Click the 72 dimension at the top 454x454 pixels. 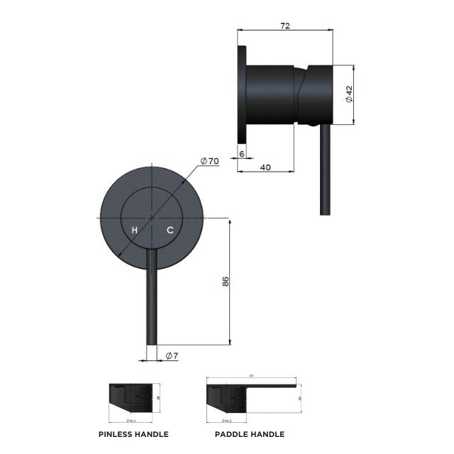pos(285,26)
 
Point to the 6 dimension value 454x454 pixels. pos(241,153)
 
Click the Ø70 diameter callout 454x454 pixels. pos(209,161)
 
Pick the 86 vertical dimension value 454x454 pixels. pos(225,282)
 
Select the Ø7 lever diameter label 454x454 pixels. pos(171,355)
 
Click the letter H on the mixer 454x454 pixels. pos(133,230)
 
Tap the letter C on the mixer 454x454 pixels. pos(170,230)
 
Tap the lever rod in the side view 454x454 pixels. pos(325,170)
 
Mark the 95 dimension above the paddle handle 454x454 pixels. pos(250,377)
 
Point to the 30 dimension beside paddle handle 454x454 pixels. pos(300,399)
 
